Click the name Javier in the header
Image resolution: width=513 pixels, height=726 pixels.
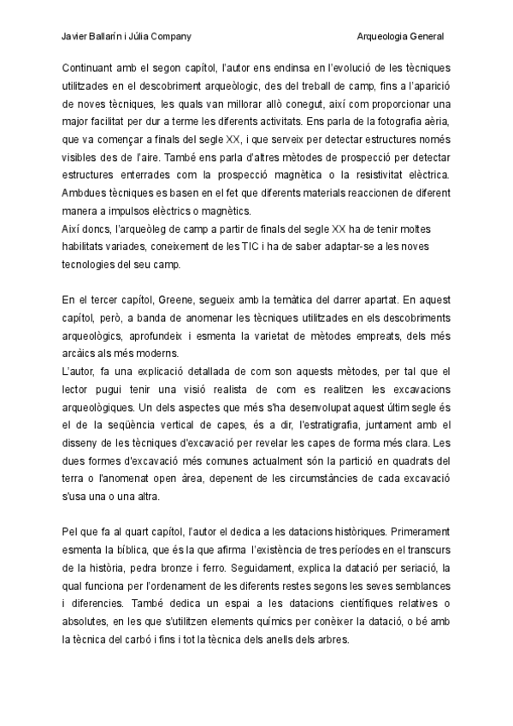tap(77, 37)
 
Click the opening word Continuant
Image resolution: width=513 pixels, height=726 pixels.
tap(88, 67)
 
